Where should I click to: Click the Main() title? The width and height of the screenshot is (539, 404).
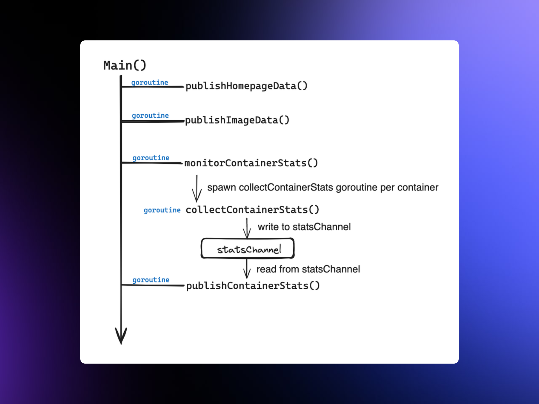(125, 65)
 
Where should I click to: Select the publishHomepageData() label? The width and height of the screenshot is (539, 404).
(246, 86)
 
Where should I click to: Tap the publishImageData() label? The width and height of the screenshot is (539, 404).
(237, 120)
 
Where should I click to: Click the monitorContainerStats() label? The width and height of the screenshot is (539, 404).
(251, 163)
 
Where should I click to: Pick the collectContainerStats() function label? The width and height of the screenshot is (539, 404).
(252, 210)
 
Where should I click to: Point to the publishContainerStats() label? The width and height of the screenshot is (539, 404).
(253, 286)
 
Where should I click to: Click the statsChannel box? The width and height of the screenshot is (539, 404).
(248, 249)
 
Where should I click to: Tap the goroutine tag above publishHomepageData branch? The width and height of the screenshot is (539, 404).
(150, 82)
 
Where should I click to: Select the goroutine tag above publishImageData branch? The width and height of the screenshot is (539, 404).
(150, 115)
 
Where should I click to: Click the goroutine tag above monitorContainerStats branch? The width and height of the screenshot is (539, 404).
(151, 158)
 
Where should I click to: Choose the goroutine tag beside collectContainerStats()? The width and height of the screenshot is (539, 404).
(162, 210)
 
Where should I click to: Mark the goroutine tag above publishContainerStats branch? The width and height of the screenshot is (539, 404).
(151, 280)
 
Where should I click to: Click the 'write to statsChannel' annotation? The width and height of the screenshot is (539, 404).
(304, 227)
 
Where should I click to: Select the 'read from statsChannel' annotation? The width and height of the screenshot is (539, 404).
(308, 269)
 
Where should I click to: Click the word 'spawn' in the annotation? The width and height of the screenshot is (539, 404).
(221, 187)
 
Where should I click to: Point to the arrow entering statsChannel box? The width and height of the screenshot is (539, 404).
(247, 228)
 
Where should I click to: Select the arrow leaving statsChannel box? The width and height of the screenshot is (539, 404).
(247, 268)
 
